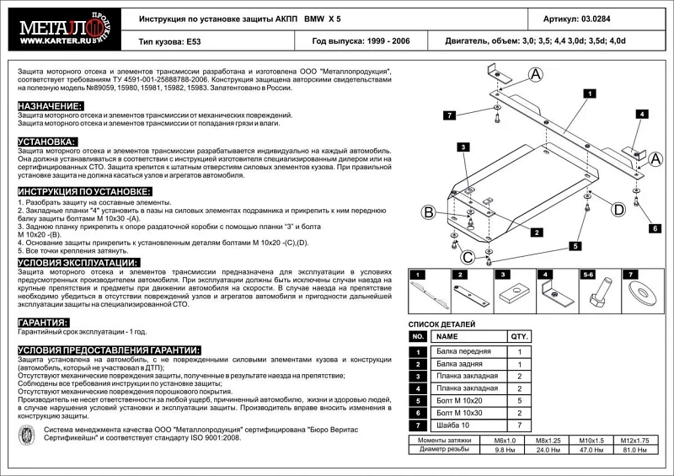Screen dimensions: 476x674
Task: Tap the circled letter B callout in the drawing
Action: pyautogui.click(x=428, y=211)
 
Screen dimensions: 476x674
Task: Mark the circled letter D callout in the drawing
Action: pyautogui.click(x=617, y=209)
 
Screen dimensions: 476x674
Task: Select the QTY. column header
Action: pyautogui.click(x=520, y=336)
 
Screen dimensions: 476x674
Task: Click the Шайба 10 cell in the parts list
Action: pyautogui.click(x=456, y=425)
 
